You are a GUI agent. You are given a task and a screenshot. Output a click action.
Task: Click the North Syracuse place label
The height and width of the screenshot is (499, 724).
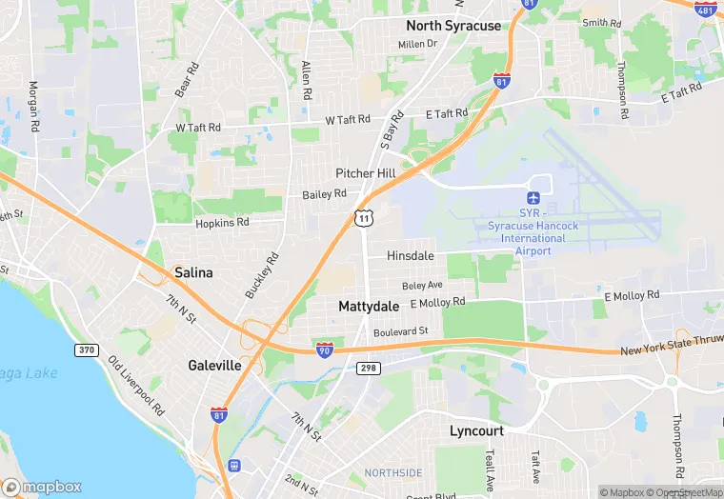452,26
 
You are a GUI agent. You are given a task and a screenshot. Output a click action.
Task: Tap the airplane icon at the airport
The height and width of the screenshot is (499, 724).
533,197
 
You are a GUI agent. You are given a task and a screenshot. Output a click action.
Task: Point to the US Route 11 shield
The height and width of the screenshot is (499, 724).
363,218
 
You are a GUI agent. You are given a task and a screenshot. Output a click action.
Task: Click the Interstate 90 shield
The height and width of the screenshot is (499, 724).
325,349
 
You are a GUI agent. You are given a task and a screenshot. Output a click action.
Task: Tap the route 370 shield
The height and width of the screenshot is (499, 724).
87,350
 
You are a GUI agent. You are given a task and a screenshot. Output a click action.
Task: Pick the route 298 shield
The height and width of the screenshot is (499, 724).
369,368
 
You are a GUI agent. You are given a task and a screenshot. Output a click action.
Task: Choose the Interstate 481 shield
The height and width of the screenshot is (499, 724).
706,9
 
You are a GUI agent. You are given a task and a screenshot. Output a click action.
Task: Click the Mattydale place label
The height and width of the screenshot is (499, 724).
369,307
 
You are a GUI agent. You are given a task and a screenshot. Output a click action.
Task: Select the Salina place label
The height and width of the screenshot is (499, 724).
193,272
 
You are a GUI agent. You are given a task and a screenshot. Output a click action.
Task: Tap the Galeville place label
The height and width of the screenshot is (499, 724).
213,366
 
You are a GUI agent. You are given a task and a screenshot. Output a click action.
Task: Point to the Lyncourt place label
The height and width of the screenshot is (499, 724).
476,431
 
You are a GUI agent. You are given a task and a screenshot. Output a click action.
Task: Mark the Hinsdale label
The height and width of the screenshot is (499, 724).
411,256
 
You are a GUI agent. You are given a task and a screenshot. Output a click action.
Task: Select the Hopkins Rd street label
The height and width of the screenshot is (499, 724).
222,222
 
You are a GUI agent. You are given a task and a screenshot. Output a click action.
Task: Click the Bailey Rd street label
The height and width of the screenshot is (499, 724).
324,194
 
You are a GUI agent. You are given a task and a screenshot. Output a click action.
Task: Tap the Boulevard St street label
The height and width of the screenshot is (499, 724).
402,331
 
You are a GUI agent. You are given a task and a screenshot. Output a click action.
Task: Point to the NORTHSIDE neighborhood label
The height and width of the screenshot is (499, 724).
392,473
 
